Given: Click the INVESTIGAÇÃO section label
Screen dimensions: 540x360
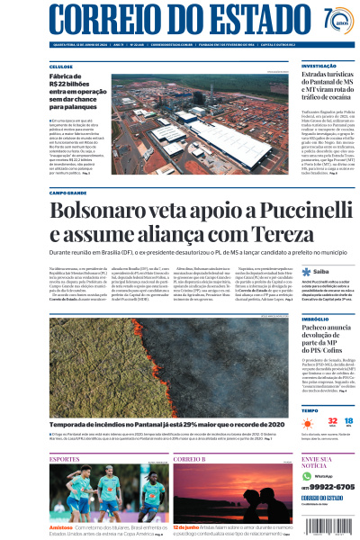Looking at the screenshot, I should (x=319, y=66).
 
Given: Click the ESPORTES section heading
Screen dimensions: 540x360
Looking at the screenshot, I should (x=65, y=459).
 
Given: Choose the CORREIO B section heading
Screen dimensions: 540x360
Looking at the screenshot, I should (x=190, y=459).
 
